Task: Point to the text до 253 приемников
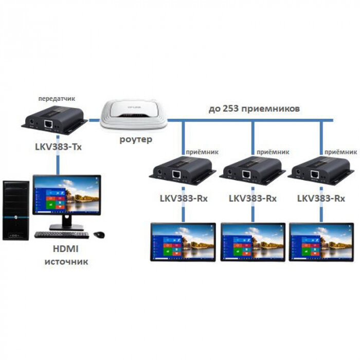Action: click(x=254, y=109)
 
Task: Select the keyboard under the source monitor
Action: click(x=62, y=235)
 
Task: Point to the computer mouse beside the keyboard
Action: click(x=99, y=235)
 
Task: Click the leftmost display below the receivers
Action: click(x=183, y=242)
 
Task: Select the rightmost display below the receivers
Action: click(x=321, y=242)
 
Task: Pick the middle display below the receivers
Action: click(x=253, y=242)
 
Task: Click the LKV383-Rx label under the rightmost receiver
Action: click(x=321, y=199)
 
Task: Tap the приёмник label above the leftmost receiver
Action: click(x=194, y=152)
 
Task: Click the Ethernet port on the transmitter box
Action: click(x=48, y=124)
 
